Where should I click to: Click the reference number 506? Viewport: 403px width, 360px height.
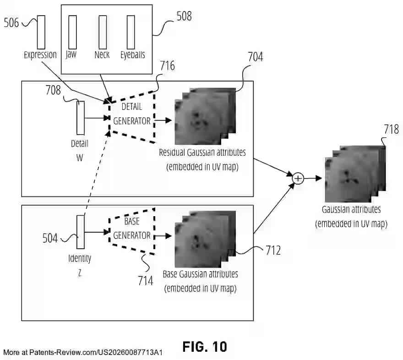(11, 22)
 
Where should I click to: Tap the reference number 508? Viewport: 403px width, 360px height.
(184, 17)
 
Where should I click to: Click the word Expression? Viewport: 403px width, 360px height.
(40, 55)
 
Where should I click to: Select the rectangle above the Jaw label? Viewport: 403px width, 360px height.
(71, 32)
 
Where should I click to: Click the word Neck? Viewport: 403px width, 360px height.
(102, 55)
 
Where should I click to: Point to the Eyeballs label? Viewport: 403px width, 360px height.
(133, 55)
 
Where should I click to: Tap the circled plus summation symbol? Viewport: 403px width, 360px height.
(298, 178)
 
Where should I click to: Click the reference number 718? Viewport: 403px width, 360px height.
(391, 130)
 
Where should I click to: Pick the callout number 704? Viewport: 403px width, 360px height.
(255, 57)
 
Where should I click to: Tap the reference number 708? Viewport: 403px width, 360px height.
(53, 90)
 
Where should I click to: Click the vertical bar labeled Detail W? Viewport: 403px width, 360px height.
(81, 118)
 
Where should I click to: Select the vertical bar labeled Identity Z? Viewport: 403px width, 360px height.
(81, 233)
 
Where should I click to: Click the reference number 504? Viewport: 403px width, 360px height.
(50, 238)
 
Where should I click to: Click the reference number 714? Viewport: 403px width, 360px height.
(145, 280)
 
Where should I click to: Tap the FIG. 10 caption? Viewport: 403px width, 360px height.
(204, 347)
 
